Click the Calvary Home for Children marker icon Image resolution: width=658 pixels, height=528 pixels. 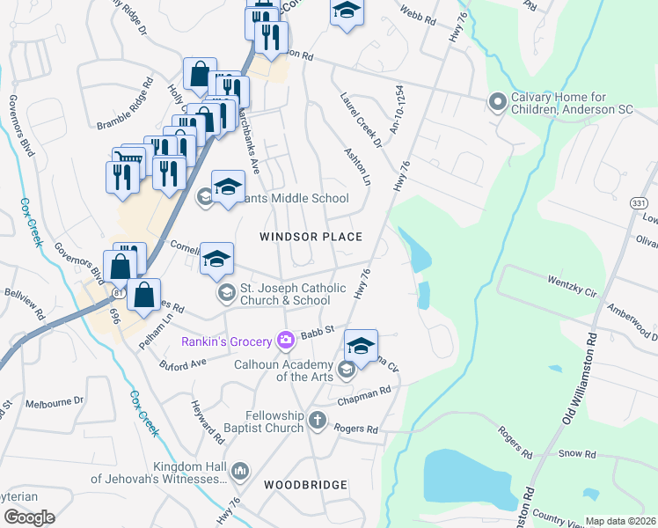(497, 103)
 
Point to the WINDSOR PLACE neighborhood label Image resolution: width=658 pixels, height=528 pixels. (311, 237)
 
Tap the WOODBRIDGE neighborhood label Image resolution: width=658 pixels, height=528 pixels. (305, 485)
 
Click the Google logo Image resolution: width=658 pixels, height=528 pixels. (28, 517)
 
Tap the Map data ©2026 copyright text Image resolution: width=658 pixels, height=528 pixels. (621, 521)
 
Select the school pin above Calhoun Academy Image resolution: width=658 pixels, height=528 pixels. (361, 346)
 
